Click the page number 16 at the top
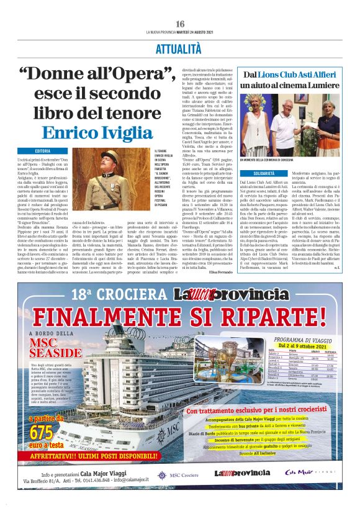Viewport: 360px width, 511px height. pos(179,23)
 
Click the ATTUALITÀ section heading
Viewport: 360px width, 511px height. pos(179,47)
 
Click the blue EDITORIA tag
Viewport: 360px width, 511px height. pos(43,151)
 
